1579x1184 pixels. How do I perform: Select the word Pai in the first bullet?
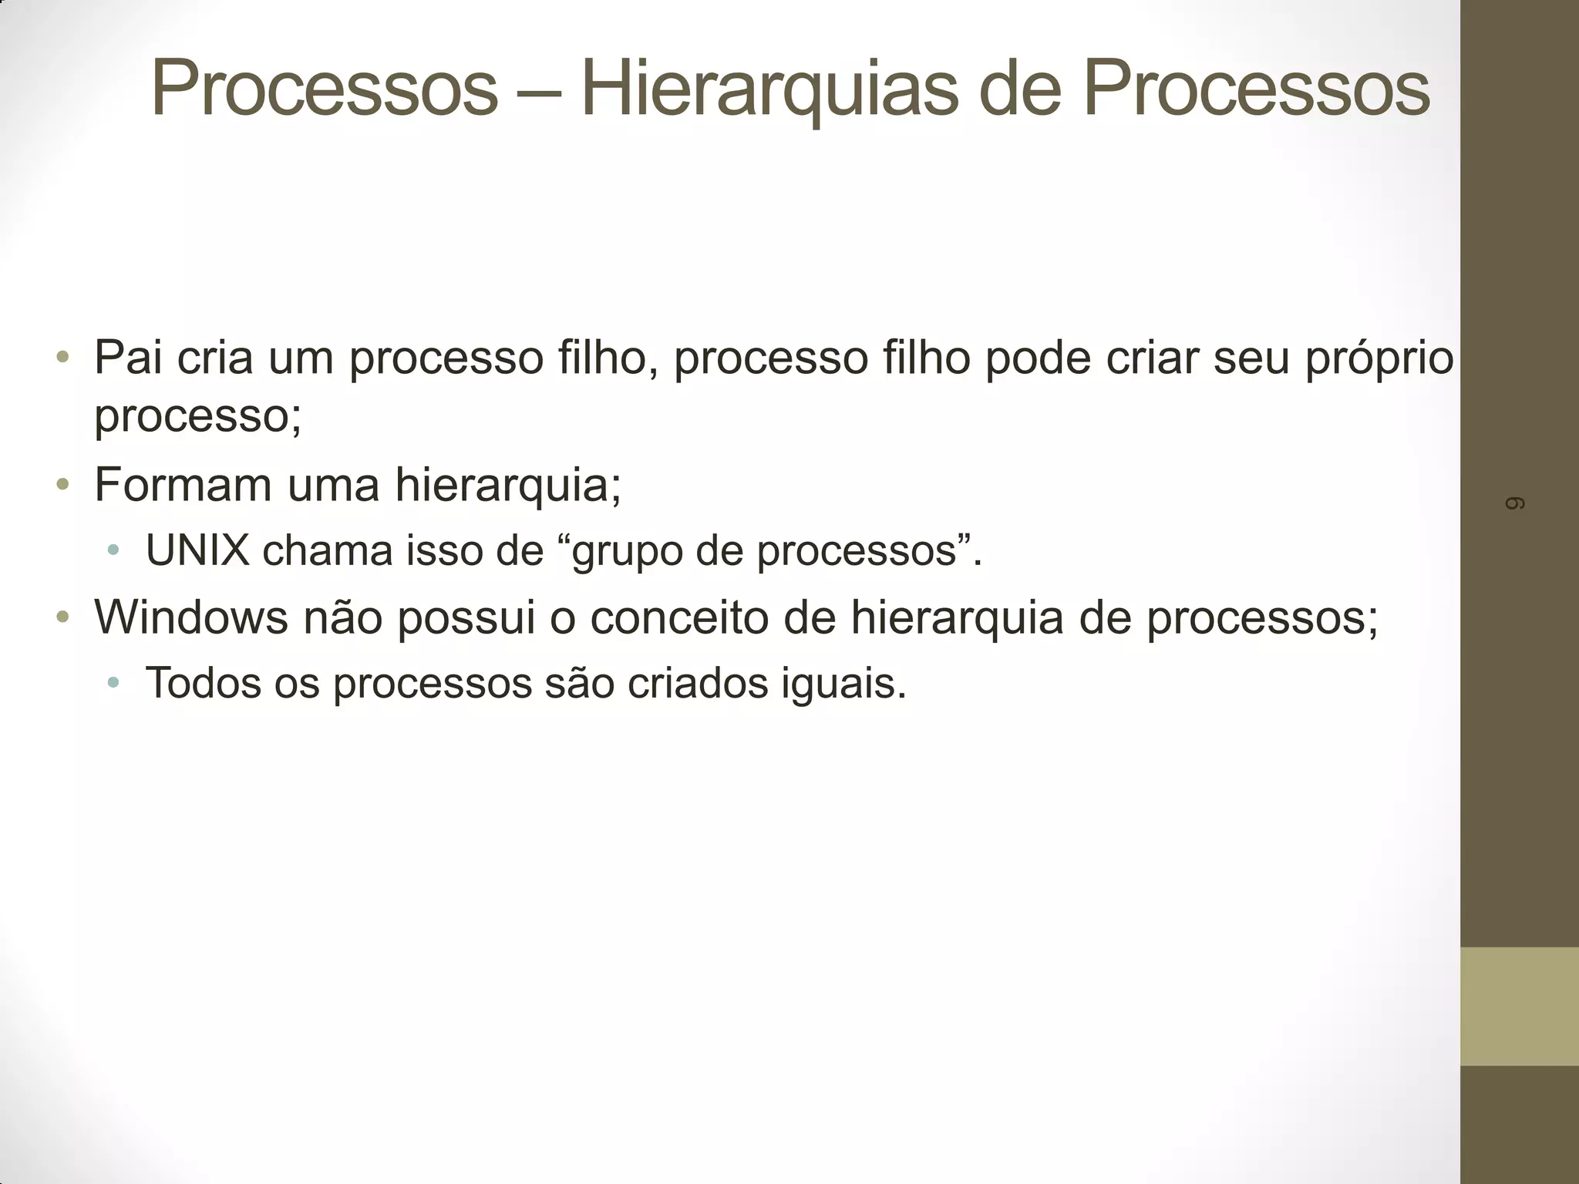coord(127,358)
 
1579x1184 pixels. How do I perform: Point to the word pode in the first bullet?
coord(1037,358)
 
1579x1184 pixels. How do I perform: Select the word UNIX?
coord(197,551)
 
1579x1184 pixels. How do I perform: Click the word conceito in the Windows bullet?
coord(679,617)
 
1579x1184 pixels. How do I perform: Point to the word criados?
coord(698,683)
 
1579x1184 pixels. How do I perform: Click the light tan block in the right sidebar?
coord(1520,1006)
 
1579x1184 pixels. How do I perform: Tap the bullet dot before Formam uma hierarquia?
coord(63,486)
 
